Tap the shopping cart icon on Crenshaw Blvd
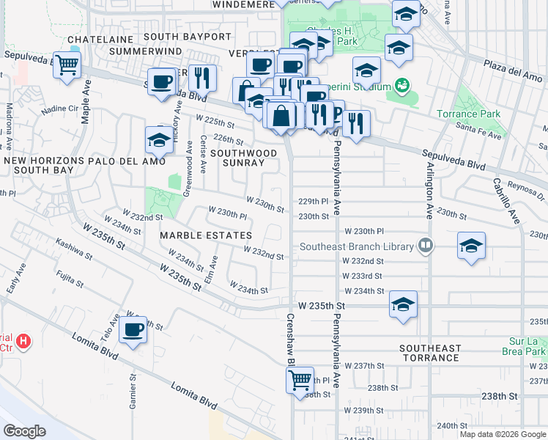300,380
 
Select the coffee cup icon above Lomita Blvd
133,330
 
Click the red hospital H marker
24,341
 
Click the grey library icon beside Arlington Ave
425,246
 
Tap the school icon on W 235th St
403,304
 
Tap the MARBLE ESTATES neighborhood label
206,235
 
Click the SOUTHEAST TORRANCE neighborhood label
430,353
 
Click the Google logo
24,431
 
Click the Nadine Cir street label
58,110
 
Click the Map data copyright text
501,434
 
